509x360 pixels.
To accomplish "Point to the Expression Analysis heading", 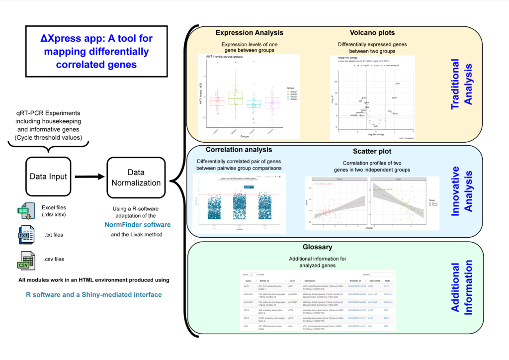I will coord(249,33).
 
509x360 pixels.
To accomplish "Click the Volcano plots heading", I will coord(372,33).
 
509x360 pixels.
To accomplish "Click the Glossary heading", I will coord(317,247).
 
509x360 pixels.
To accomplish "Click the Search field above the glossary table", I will coord(382,274).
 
